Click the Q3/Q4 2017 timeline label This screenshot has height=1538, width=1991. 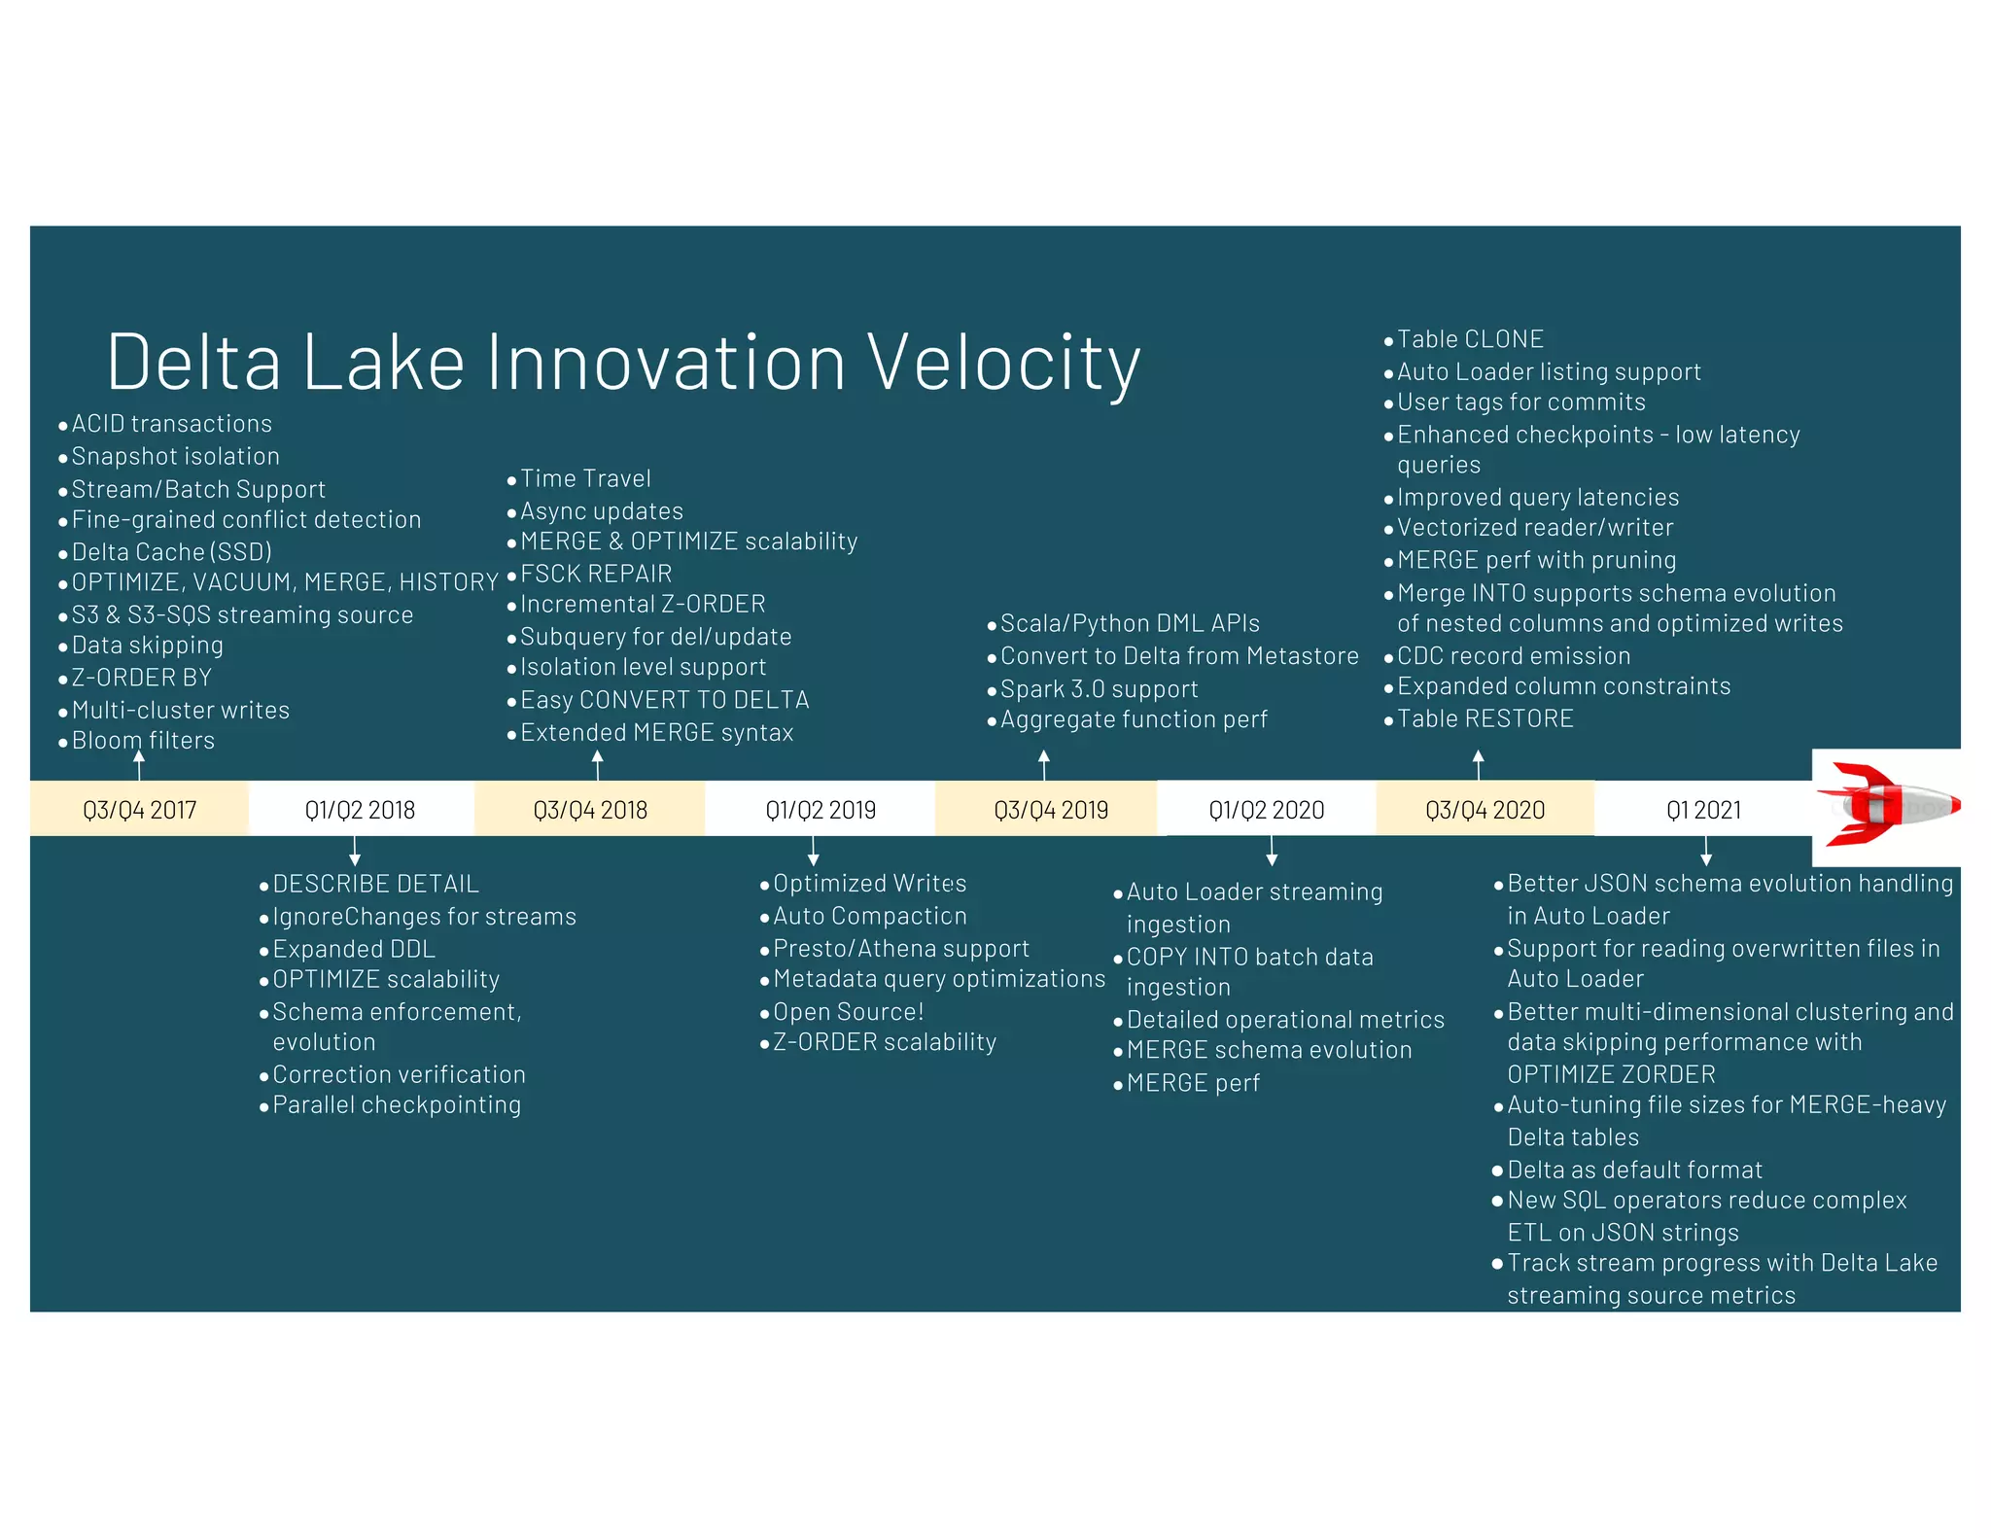[139, 810]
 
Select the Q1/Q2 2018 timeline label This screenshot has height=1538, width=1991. [360, 810]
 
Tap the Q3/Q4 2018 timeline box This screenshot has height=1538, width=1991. [589, 810]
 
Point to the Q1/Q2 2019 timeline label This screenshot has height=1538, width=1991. [820, 810]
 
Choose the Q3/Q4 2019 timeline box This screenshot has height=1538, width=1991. [1050, 810]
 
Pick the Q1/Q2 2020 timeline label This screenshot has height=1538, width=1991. [1266, 810]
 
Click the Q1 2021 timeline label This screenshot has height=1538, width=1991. [1703, 810]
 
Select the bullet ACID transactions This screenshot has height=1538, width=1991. [171, 424]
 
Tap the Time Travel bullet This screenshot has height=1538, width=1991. [585, 478]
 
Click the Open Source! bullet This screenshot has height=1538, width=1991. [848, 1011]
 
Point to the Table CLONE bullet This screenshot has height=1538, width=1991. [1470, 339]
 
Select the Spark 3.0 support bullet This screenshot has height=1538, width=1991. [1099, 689]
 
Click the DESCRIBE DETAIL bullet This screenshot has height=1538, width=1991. [375, 884]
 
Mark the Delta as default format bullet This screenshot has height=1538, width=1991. [1634, 1170]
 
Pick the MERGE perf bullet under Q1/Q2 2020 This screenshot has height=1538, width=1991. [1193, 1083]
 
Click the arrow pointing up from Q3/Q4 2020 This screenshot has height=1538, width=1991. [1479, 764]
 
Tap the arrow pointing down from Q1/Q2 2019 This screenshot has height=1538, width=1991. [814, 852]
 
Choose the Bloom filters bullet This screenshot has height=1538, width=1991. [143, 741]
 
